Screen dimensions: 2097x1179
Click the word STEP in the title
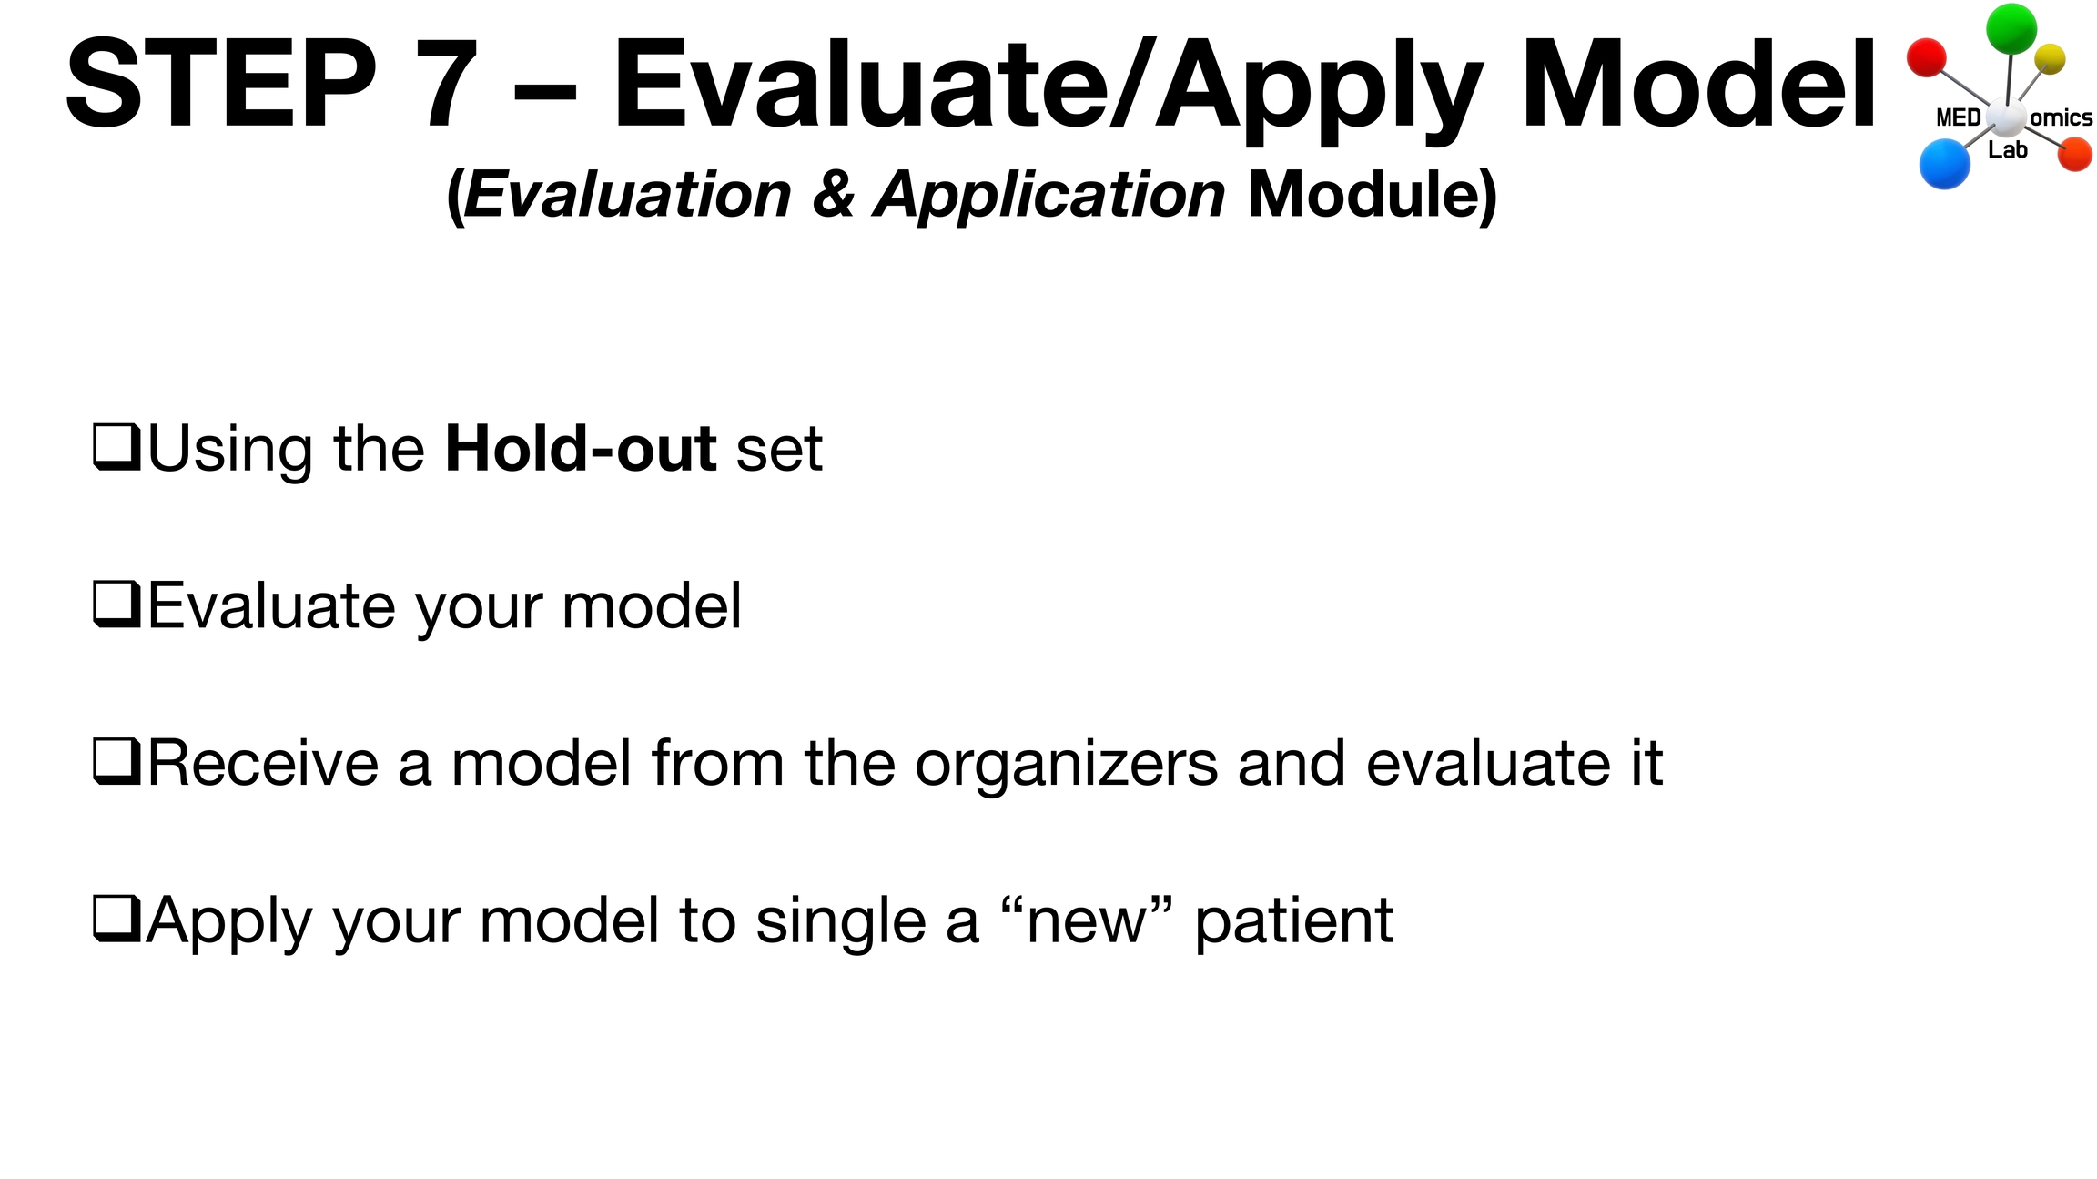coord(221,84)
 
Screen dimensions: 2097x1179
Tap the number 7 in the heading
coord(448,84)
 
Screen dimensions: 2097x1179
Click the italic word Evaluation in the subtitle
coord(627,195)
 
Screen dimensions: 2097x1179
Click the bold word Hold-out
coord(581,449)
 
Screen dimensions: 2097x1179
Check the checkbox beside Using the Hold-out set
coord(116,447)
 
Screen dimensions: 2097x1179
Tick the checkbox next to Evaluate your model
coord(116,605)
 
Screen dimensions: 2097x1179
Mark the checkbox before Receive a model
coord(116,761)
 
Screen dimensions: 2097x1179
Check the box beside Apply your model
coord(116,919)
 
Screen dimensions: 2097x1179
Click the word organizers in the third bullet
coord(1066,765)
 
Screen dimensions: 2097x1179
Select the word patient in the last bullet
coord(1293,921)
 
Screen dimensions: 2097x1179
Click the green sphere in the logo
coord(2011,28)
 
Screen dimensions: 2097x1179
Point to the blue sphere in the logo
coord(1944,164)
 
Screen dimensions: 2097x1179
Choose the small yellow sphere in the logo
coord(2050,59)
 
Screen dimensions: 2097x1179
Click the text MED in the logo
coord(1959,117)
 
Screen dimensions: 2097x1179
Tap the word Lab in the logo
coord(2008,150)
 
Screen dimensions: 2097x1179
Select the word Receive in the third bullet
coord(263,763)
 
